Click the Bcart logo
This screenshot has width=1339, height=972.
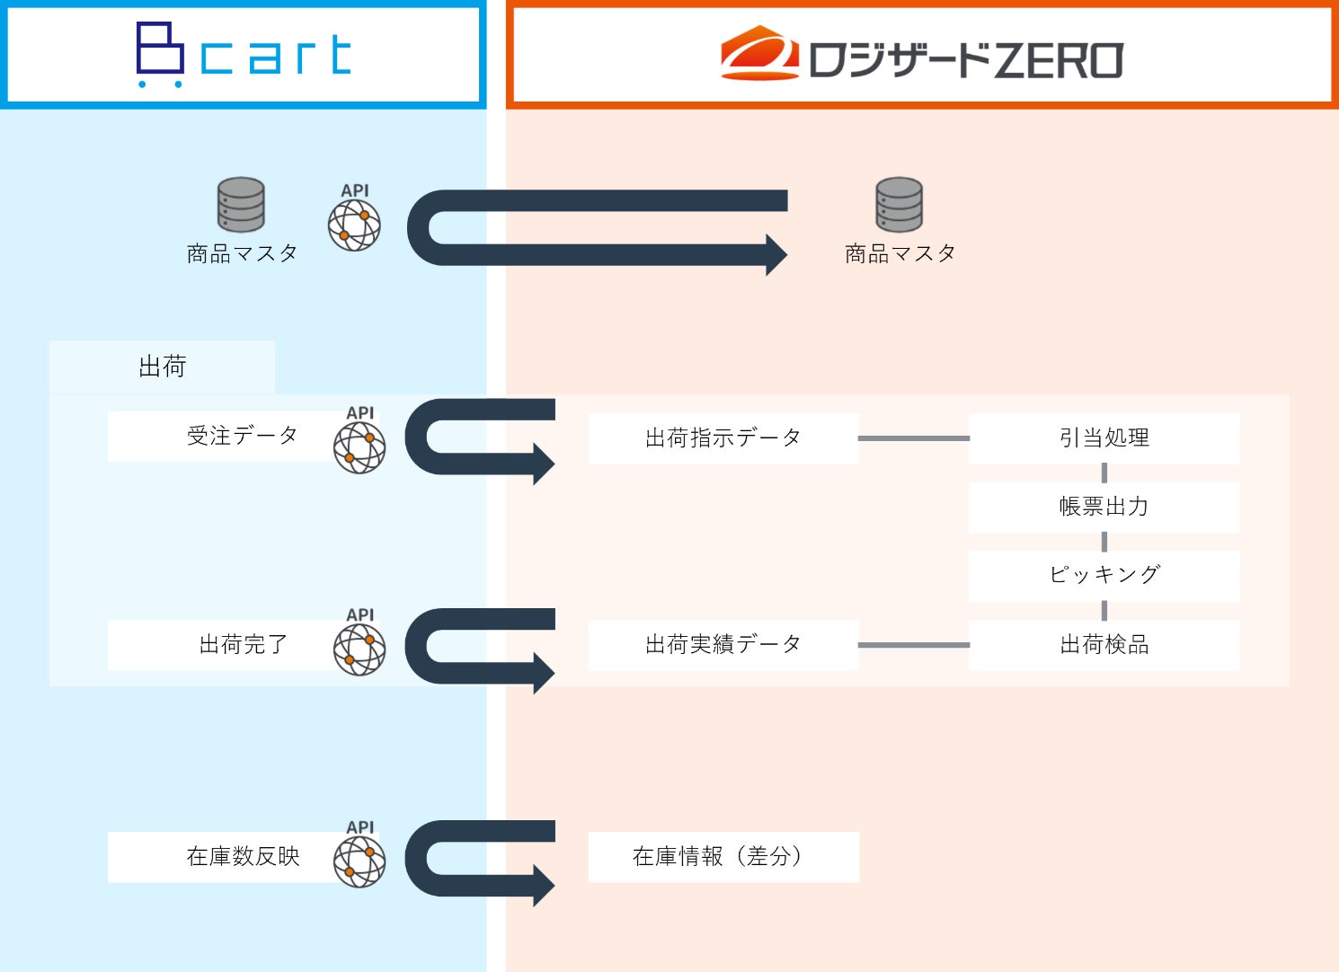pos(243,55)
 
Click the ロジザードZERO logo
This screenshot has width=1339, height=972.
pos(921,56)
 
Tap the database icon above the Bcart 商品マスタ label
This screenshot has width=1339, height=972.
pos(241,204)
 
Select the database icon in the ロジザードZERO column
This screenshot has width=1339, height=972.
pos(899,204)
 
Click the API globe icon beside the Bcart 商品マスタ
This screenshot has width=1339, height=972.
pos(354,224)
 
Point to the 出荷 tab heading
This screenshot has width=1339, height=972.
pos(162,367)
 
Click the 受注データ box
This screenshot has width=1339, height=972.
pos(225,437)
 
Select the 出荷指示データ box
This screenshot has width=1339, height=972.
pos(723,438)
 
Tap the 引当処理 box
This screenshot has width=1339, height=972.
pos(1104,438)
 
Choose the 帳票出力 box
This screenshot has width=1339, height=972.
pos(1104,507)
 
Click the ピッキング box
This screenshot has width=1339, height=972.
pos(1104,575)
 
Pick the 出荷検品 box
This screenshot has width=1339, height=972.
pos(1104,645)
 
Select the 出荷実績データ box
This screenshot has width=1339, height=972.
pos(723,645)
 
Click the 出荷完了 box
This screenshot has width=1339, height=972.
pos(225,645)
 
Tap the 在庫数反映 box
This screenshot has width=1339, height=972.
pos(225,857)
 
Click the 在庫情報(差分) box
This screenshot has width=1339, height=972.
pos(723,857)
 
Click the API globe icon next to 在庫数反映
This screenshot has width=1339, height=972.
pos(359,861)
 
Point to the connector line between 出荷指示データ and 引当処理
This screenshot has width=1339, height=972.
pos(914,438)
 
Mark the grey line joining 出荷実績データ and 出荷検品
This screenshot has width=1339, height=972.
pos(914,645)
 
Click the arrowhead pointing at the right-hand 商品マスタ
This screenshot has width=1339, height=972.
pos(776,254)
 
